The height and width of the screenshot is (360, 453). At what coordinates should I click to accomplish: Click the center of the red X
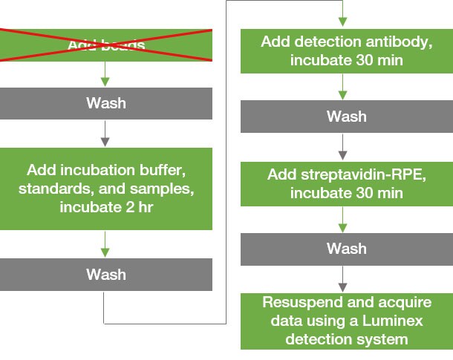pos(106,45)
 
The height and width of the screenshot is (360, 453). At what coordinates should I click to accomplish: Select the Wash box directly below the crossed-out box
pos(106,103)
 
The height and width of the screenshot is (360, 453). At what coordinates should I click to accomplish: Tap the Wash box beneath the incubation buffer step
pos(106,275)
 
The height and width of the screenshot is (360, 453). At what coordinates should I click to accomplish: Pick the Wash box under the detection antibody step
pos(346,117)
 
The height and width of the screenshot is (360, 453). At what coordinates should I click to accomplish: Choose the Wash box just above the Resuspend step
pos(346,248)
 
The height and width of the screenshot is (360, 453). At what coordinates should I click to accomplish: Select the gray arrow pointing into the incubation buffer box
pos(106,133)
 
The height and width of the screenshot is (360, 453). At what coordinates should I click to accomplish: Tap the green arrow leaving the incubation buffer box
pos(106,244)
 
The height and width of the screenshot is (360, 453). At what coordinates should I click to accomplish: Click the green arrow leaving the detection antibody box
pos(342,87)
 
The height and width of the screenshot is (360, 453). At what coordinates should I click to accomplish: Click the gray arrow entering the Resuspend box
pos(342,278)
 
